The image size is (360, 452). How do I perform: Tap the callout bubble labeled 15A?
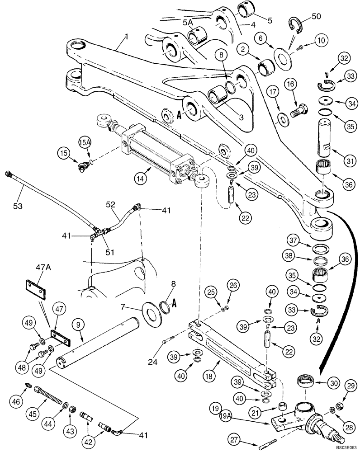[x=85, y=144]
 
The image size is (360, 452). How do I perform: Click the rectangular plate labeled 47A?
[x=34, y=286]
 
